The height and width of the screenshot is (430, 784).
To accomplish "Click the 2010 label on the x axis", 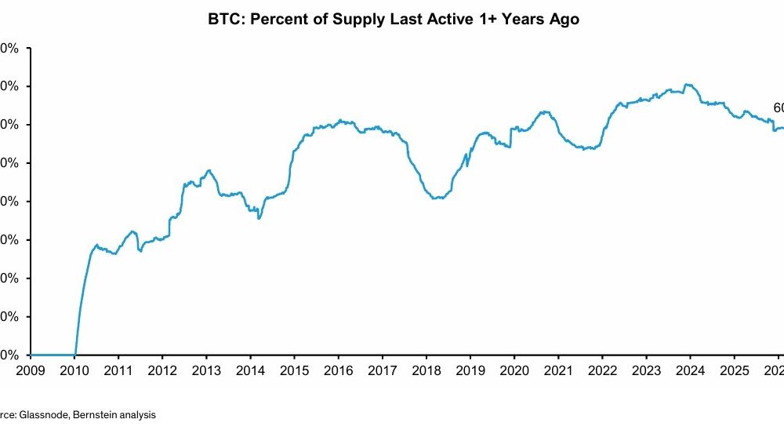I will (x=74, y=370).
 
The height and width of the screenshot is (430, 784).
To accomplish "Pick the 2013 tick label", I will (x=206, y=370).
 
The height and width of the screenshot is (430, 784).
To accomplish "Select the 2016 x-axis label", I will (x=338, y=370).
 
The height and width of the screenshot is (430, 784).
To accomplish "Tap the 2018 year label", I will (x=426, y=370).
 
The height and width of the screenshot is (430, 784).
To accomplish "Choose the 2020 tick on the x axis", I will (x=514, y=370).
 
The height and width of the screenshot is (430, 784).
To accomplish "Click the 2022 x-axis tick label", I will (x=601, y=370).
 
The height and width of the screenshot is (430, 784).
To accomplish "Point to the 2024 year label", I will (x=689, y=370).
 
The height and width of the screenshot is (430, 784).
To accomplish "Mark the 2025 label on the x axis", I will (x=733, y=370).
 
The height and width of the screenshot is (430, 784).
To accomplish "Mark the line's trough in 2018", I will (x=436, y=199).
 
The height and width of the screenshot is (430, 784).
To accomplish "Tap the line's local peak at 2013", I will (x=209, y=170).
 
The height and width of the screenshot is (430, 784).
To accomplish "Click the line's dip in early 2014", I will (x=259, y=217).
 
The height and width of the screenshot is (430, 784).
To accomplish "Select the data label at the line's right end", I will (x=778, y=108).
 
